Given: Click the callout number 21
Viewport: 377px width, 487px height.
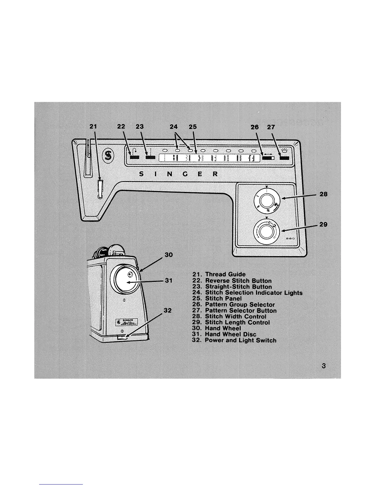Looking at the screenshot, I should click(93, 126).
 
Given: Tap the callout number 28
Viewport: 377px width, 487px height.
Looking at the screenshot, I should click(323, 194).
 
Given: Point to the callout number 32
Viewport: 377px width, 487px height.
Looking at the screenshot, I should click(168, 310).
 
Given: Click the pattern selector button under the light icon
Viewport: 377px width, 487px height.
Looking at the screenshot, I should click(284, 158).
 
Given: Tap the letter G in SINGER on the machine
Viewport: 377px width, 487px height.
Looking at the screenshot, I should click(185, 174).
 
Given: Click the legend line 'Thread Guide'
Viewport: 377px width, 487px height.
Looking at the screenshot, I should click(219, 274).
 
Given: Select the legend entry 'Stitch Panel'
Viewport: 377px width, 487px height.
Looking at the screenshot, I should click(217, 298).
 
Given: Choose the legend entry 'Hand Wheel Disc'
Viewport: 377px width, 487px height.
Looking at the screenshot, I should click(224, 334).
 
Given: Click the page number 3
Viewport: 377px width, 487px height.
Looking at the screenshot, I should click(323, 366).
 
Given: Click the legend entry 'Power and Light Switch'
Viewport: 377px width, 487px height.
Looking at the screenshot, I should click(234, 340).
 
